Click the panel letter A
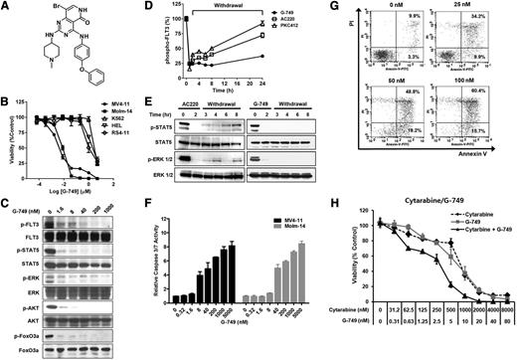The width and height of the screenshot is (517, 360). tap(6, 7)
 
